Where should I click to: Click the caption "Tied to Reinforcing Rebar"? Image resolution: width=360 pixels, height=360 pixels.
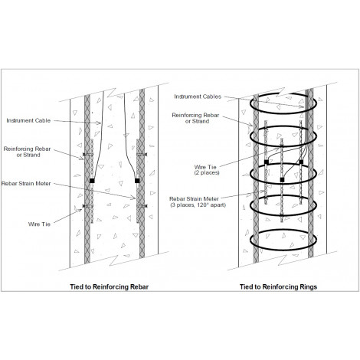(110, 286)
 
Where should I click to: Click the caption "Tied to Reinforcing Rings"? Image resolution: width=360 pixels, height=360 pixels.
(278, 286)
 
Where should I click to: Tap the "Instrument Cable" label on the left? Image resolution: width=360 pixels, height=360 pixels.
(28, 120)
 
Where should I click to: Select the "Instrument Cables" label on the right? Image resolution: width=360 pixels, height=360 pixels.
(198, 97)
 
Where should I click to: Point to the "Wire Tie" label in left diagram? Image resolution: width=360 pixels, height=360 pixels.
(39, 224)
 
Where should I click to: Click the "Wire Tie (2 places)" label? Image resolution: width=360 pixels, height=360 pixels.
(207, 170)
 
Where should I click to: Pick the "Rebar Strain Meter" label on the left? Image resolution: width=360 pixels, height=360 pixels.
(26, 183)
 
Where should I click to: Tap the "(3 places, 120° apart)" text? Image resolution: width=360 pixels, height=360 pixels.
(198, 205)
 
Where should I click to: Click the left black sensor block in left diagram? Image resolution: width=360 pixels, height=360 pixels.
(92, 181)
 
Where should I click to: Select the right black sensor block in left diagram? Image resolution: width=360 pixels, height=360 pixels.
(137, 181)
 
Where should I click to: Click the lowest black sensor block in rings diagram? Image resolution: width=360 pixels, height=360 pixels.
(282, 180)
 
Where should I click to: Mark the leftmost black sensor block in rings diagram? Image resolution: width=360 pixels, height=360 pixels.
(267, 162)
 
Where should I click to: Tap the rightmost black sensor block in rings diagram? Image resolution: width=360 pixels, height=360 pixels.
(301, 162)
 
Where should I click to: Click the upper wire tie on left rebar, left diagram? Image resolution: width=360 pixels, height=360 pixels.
(88, 155)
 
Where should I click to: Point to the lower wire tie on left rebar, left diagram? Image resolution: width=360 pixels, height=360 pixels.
(88, 206)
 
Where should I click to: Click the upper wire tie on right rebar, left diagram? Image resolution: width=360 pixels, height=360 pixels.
(142, 155)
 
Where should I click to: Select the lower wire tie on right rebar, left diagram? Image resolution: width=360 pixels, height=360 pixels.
(142, 206)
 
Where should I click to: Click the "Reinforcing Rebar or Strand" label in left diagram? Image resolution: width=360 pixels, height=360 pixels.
(28, 152)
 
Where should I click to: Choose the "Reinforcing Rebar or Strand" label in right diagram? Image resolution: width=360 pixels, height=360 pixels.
(195, 118)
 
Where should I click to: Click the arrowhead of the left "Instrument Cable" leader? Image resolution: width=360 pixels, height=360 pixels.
(100, 123)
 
